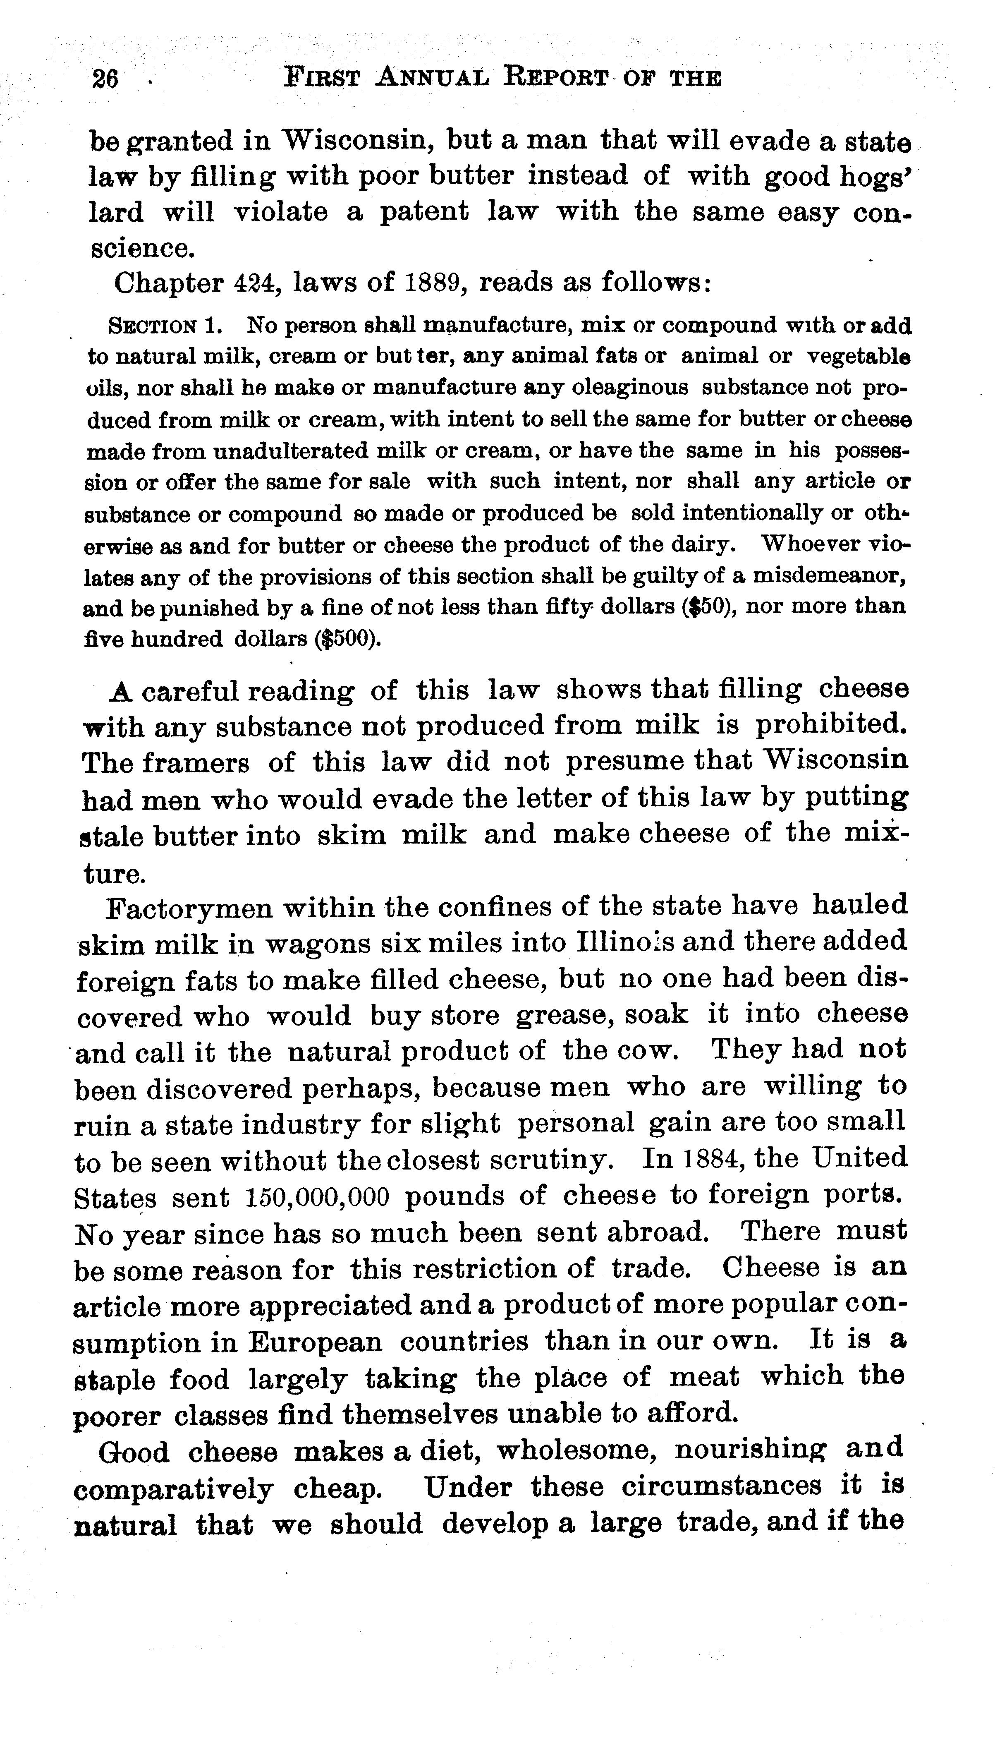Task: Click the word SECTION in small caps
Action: point(153,326)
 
